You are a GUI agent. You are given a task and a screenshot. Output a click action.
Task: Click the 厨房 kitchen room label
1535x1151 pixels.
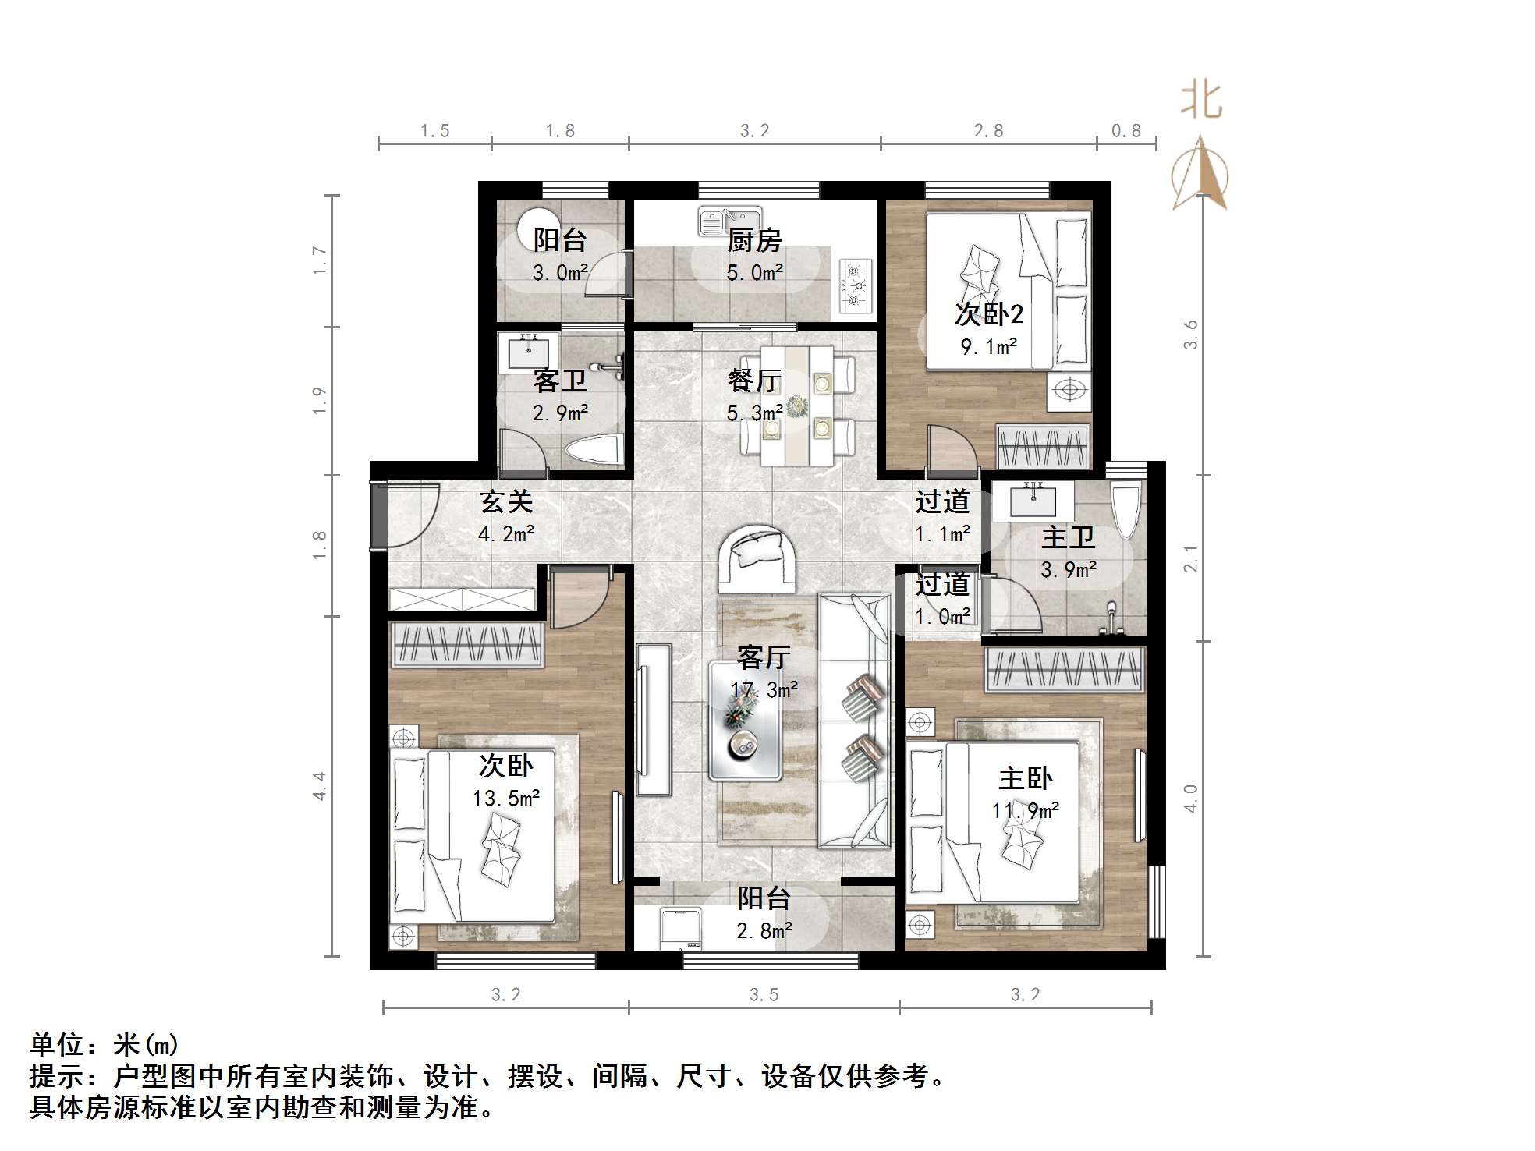point(753,240)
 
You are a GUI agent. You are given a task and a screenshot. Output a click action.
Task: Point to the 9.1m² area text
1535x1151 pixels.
point(988,346)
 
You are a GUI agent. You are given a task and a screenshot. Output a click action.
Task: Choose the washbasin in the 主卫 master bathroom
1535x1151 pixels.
point(1033,501)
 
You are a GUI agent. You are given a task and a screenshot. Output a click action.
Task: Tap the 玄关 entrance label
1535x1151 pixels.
point(506,501)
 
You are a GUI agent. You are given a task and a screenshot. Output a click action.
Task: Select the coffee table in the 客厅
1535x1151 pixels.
point(745,720)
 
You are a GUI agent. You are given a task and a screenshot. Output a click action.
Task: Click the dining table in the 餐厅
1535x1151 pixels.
point(797,406)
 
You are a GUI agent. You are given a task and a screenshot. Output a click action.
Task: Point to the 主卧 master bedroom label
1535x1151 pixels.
point(1025,778)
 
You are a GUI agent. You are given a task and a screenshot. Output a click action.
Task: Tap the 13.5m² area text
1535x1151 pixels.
point(506,799)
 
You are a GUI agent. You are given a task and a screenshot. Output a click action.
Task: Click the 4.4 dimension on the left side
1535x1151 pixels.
point(319,785)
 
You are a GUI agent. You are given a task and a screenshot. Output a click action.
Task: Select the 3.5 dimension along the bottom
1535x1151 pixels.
point(764,995)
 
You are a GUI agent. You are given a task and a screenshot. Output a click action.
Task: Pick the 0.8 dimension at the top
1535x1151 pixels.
point(1126,131)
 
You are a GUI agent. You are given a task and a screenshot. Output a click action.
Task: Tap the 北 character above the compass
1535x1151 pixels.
point(1201,101)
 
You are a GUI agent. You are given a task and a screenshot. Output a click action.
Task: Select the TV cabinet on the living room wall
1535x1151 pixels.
point(654,719)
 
